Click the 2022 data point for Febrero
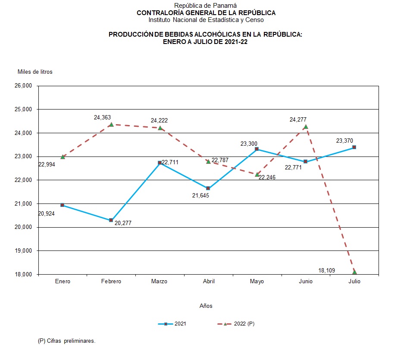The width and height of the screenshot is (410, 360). pyautogui.click(x=111, y=124)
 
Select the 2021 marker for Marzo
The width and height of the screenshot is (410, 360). pyautogui.click(x=160, y=163)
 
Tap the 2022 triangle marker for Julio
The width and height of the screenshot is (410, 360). pyautogui.click(x=354, y=272)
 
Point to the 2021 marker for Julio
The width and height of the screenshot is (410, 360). pyautogui.click(x=354, y=147)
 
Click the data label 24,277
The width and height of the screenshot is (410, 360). pyautogui.click(x=298, y=119)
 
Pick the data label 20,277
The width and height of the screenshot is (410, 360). pyautogui.click(x=123, y=223)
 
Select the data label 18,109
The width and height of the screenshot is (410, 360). pyautogui.click(x=327, y=270)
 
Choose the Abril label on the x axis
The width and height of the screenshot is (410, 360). pyautogui.click(x=209, y=281)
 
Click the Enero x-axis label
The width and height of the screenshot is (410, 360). pyautogui.click(x=63, y=281)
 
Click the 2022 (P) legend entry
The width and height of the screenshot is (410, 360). pyautogui.click(x=238, y=324)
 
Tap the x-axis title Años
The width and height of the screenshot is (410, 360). pyautogui.click(x=206, y=306)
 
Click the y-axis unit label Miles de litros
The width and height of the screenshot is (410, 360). pyautogui.click(x=35, y=72)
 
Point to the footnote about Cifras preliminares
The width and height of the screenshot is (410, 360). pyautogui.click(x=66, y=341)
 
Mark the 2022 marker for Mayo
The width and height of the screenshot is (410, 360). pyautogui.click(x=257, y=174)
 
